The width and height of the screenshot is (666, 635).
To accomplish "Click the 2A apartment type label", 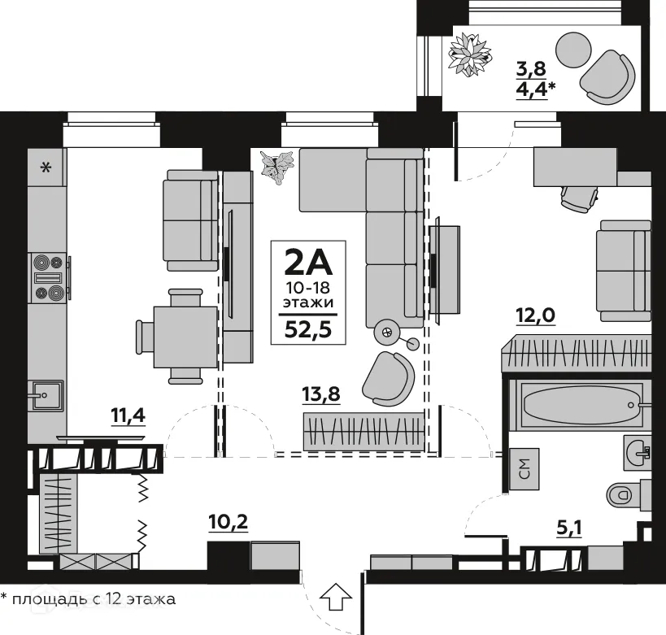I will [x=307, y=263].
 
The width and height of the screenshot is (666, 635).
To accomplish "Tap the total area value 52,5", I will [x=307, y=329].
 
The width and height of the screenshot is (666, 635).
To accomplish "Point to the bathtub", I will [x=579, y=402].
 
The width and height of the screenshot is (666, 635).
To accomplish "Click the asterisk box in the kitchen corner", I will [x=46, y=168].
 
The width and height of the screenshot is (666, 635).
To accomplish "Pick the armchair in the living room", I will [x=387, y=377].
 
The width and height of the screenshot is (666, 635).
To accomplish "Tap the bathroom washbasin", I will [x=637, y=450].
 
